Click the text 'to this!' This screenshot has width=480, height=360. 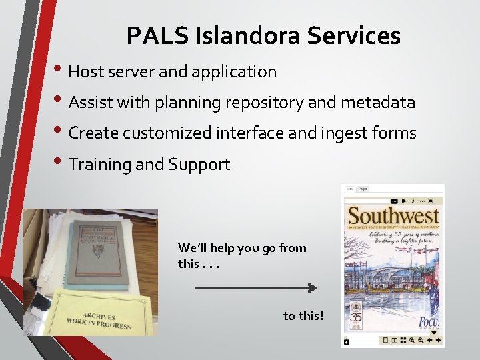click(303, 315)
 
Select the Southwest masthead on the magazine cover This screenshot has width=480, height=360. click(393, 216)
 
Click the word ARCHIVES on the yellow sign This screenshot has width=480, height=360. click(99, 315)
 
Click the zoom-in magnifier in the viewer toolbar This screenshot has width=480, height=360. click(413, 341)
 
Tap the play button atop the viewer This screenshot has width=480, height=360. click(403, 200)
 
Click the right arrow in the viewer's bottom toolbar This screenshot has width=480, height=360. click(439, 341)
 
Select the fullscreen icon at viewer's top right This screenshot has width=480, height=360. click(431, 200)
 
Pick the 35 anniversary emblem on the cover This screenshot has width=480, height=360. click(357, 319)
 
